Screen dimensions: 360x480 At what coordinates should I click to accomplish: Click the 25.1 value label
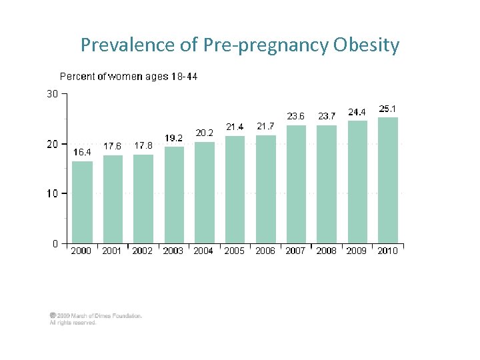pos(388,108)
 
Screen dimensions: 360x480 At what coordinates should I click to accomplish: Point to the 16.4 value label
pos(82,152)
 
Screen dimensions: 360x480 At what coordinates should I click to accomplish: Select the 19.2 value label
pos(174,138)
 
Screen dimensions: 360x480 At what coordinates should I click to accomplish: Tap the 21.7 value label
pos(265,126)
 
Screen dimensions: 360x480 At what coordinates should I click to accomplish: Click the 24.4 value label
pos(357,111)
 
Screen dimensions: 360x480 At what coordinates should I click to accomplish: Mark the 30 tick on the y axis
pos(52,94)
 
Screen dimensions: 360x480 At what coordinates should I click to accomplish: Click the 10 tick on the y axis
pos(52,193)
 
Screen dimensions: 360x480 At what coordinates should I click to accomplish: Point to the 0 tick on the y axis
pos(55,243)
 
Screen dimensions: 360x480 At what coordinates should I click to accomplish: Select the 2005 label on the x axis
pos(234,251)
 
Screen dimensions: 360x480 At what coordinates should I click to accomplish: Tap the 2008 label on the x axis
pos(326,251)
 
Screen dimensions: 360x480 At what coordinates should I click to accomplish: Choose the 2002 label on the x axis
pos(142,251)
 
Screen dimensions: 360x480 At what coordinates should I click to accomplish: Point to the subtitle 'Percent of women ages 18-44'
pos(129,77)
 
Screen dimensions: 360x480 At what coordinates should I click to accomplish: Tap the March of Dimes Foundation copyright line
pos(96,316)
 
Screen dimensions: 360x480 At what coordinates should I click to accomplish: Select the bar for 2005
pos(235,189)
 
